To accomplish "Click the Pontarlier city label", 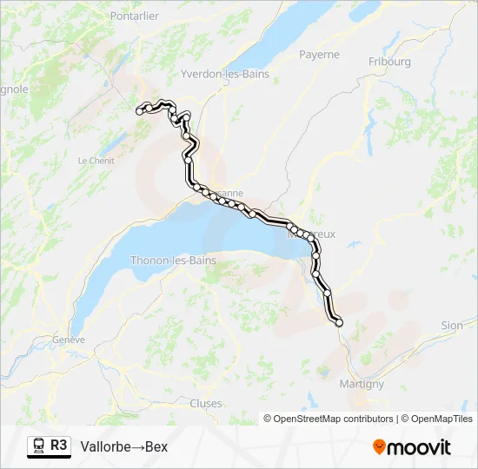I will (135, 17).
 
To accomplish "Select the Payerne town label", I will (320, 54).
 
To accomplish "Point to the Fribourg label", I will (389, 62).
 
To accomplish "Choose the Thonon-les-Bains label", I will (173, 261).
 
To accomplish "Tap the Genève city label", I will (69, 340).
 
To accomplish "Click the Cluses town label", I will (206, 403).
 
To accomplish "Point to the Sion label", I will (452, 326).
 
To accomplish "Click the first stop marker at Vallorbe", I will (139, 111).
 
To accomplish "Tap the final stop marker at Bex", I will (339, 323).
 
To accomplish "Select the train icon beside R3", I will (39, 446).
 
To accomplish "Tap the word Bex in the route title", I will (156, 447).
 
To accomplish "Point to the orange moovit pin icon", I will (379, 446).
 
